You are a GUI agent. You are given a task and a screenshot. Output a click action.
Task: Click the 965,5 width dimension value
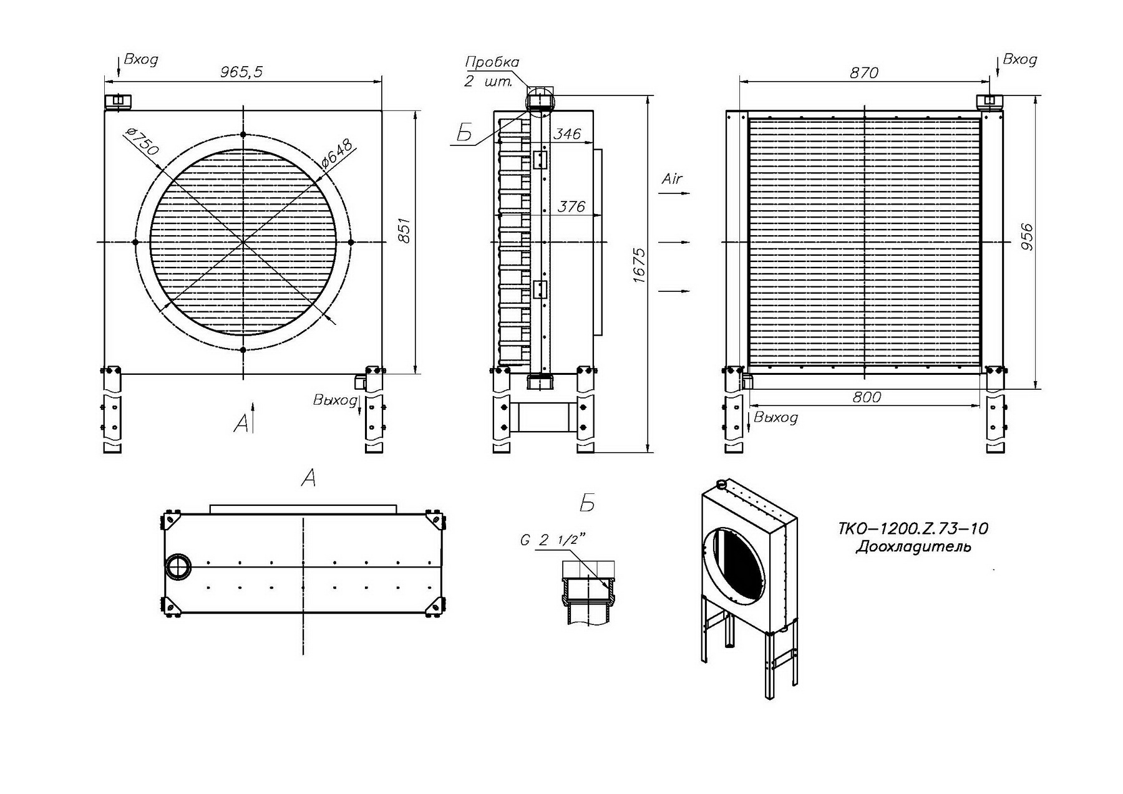point(241,72)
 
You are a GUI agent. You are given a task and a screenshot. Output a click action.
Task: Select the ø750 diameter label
point(142,142)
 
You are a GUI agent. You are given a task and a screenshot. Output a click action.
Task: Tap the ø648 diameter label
point(338,153)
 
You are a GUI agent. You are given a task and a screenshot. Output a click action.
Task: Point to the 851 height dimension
point(405,230)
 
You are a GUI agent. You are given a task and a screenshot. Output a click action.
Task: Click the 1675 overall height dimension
point(639,266)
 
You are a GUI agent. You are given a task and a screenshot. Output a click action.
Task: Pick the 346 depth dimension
point(567,133)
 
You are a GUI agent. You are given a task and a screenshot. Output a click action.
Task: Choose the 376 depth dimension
point(571,206)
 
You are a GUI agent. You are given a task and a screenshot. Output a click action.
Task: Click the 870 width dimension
point(864,72)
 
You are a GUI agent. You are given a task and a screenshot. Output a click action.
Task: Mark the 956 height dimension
point(1027,237)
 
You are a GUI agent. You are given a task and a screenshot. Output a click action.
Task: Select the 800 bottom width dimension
point(866,397)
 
